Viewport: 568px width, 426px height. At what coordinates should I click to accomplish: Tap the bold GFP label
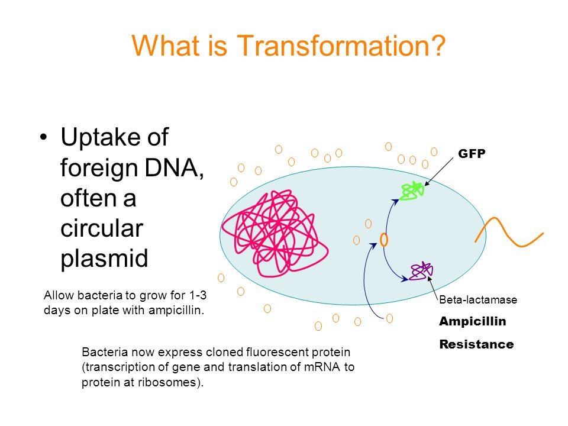tap(472, 154)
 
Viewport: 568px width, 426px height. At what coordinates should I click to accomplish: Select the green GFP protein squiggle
tap(412, 191)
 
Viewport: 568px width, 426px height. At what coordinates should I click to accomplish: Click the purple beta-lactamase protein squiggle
tap(421, 271)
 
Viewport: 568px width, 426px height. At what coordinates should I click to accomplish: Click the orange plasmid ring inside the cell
tap(384, 240)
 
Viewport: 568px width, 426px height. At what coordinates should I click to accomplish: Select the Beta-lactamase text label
tap(478, 300)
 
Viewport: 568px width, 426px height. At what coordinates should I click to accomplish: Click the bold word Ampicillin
tap(472, 321)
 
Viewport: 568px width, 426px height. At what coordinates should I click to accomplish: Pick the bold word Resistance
tap(476, 344)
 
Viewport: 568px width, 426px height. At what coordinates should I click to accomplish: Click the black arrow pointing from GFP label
tap(438, 172)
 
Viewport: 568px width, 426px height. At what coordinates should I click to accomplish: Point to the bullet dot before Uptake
tap(43, 137)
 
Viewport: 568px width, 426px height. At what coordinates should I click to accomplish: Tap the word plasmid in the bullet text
tap(104, 259)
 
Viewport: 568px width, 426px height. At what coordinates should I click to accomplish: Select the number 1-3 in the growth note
tap(198, 295)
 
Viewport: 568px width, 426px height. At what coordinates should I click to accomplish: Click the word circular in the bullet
tap(102, 228)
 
